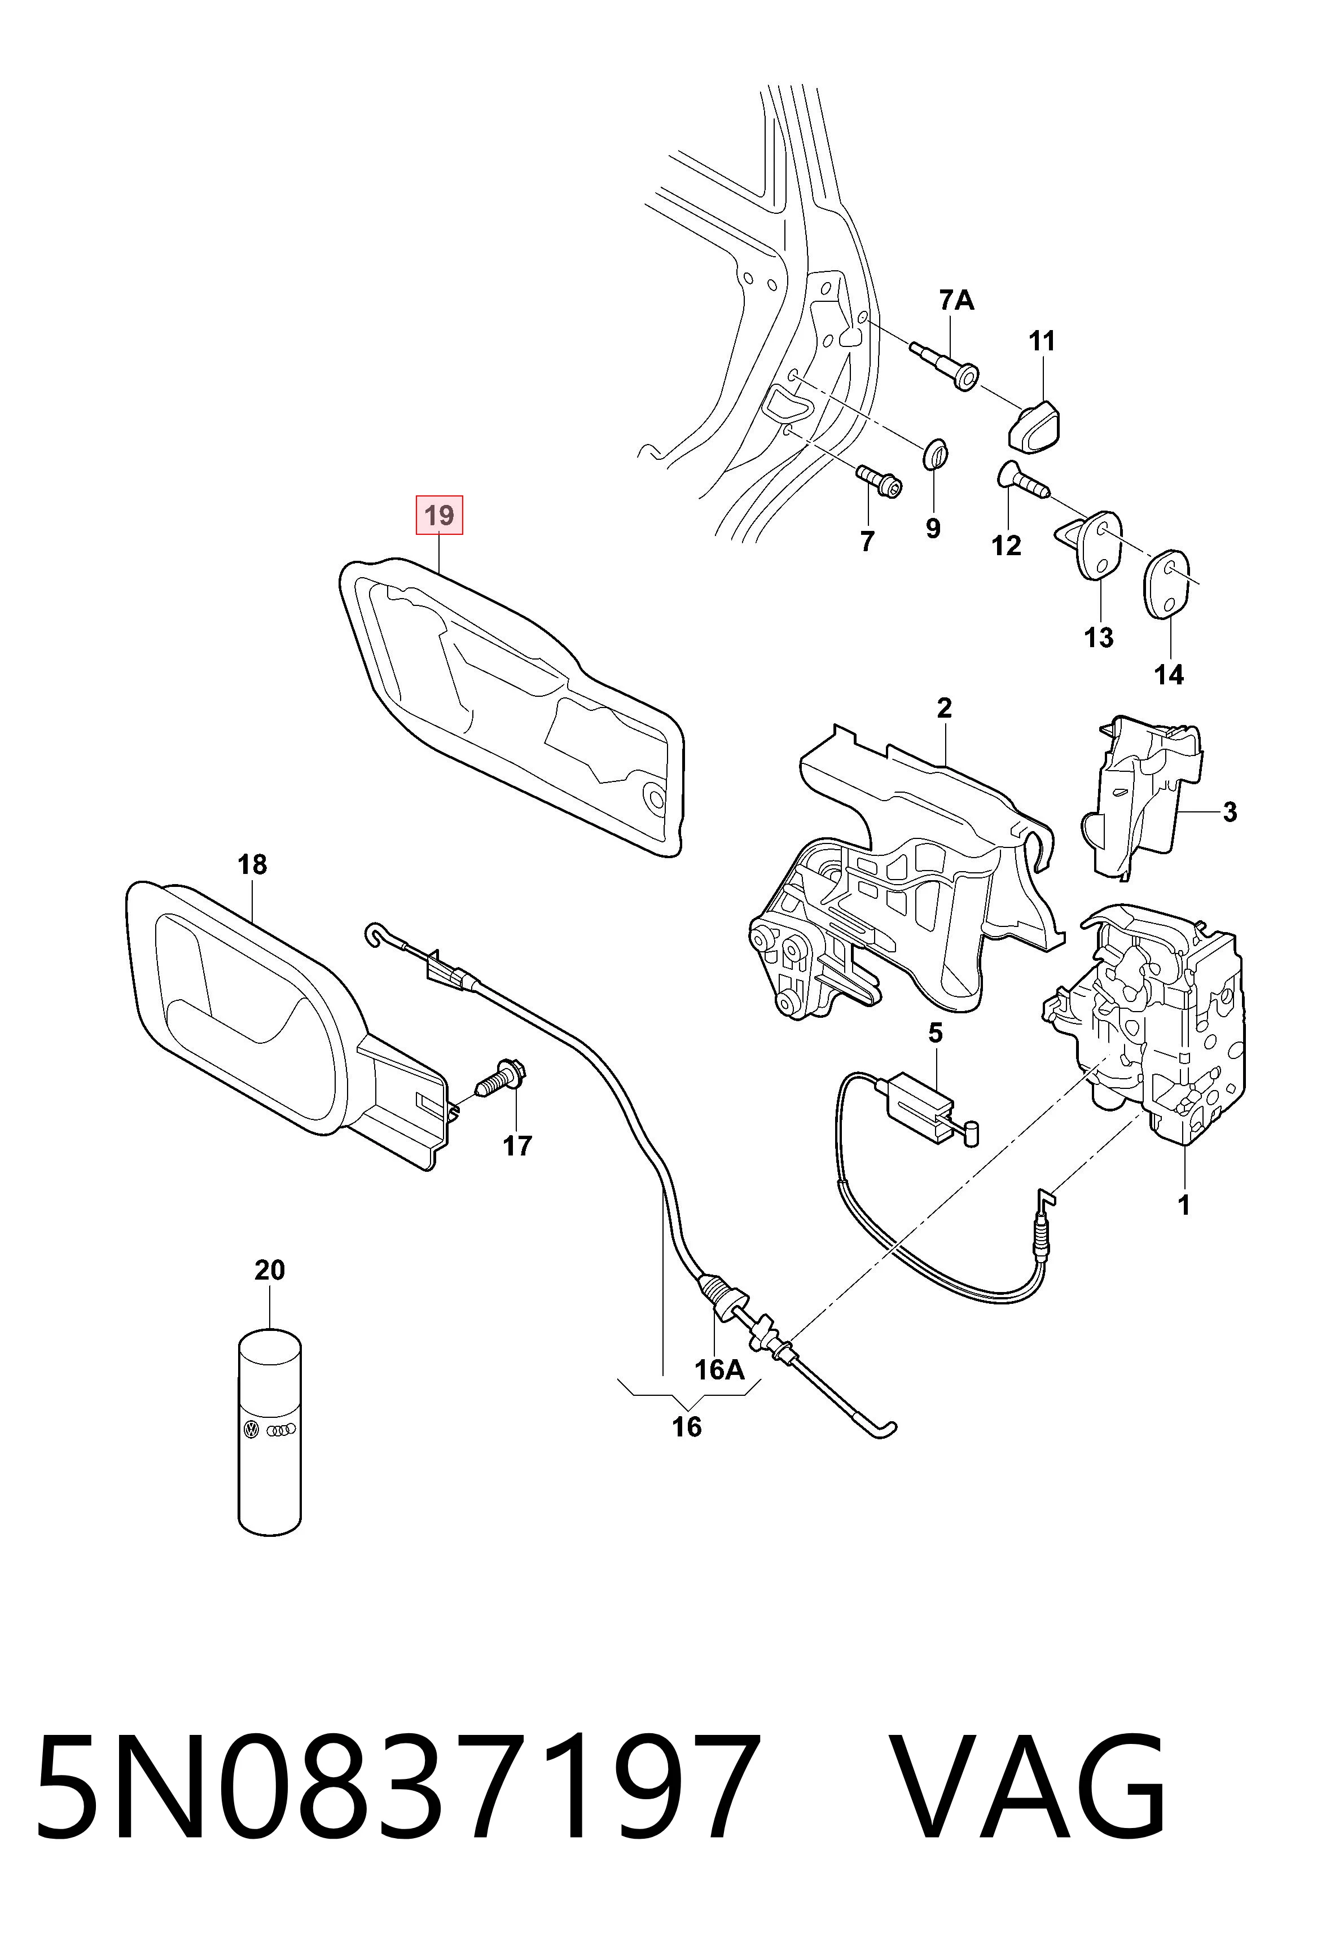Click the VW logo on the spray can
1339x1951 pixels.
[251, 1430]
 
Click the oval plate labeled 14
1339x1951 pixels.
[1167, 585]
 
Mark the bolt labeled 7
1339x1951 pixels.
[879, 480]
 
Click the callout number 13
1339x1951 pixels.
[1098, 638]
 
